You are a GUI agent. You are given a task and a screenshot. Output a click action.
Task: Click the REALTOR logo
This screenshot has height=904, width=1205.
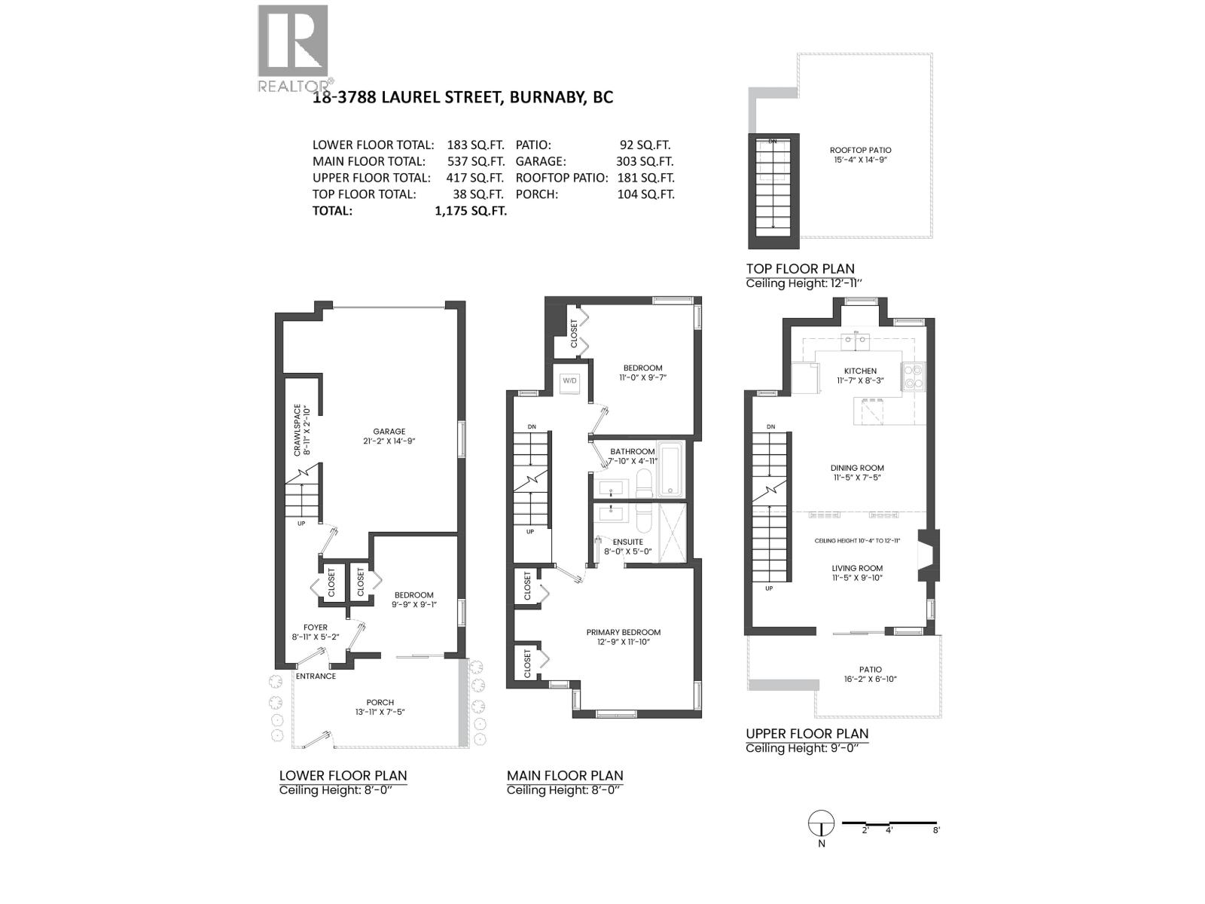click(294, 47)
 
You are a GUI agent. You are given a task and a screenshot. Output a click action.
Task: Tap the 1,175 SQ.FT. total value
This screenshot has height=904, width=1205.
click(470, 211)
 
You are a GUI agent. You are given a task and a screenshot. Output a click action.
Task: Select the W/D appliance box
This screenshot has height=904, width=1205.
click(569, 381)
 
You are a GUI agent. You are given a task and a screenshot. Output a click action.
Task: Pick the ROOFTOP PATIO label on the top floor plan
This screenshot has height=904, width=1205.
click(860, 150)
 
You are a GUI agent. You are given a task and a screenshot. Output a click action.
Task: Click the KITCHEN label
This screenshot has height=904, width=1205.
click(859, 371)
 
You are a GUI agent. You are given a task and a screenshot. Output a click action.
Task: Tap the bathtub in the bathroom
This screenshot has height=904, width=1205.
click(670, 469)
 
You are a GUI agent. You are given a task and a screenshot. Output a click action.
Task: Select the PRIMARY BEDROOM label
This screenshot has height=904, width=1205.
click(623, 632)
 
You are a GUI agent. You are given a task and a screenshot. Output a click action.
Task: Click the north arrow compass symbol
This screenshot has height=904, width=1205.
click(821, 823)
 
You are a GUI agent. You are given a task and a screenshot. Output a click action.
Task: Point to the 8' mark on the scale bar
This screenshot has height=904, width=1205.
click(936, 830)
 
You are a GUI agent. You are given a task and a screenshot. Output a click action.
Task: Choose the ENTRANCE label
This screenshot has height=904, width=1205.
click(316, 676)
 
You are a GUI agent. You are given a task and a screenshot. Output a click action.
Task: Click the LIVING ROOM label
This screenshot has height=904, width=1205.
click(857, 568)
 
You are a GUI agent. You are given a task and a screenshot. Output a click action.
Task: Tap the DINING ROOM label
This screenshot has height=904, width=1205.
click(857, 468)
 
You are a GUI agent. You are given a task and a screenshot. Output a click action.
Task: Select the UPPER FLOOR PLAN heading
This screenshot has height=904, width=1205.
click(807, 733)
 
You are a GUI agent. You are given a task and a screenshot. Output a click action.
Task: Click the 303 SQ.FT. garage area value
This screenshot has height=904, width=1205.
click(645, 161)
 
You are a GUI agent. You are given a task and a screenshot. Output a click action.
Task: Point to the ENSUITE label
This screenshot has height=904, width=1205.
click(627, 542)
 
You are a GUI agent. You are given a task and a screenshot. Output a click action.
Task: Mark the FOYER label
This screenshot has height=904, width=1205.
click(316, 627)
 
